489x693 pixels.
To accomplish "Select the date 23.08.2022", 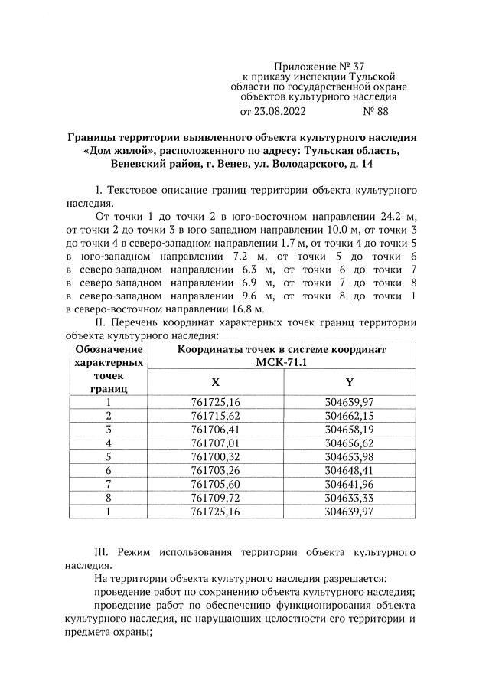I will pyautogui.click(x=279, y=111).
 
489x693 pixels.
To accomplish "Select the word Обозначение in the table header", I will pyautogui.click(x=108, y=349).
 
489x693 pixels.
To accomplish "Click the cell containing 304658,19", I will pyautogui.click(x=349, y=429).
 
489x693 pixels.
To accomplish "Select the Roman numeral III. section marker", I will pyautogui.click(x=103, y=551).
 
